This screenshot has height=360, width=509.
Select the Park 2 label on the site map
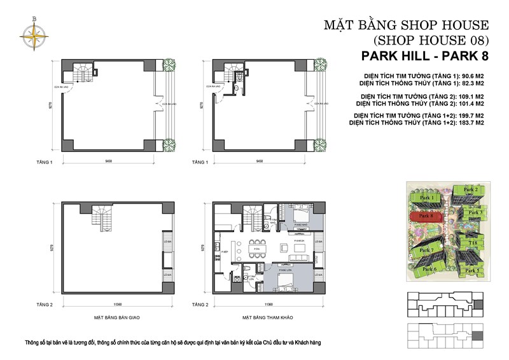click(470, 190)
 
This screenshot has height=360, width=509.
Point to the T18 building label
click(473, 242)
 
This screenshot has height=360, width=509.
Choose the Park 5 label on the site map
click(471, 271)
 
